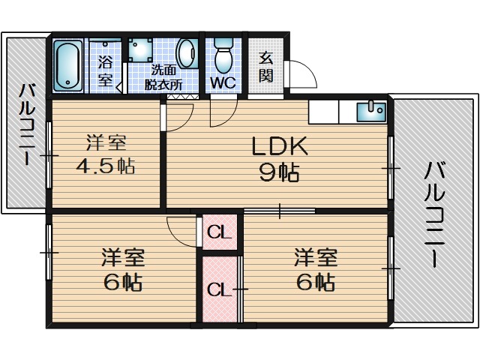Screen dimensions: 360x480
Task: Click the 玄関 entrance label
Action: point(266,65)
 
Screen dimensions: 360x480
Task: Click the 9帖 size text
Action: point(278,173)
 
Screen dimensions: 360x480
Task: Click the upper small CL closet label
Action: point(219,232)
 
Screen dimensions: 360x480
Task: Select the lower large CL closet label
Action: point(218,289)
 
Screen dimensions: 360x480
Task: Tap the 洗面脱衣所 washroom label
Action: point(164,78)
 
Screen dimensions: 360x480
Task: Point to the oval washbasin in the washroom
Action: point(185,54)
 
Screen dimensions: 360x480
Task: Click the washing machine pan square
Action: point(139,50)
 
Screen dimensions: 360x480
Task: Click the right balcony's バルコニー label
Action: point(433,214)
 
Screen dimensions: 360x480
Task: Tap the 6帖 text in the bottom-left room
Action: point(123,283)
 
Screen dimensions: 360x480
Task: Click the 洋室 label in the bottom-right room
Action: point(315,258)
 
